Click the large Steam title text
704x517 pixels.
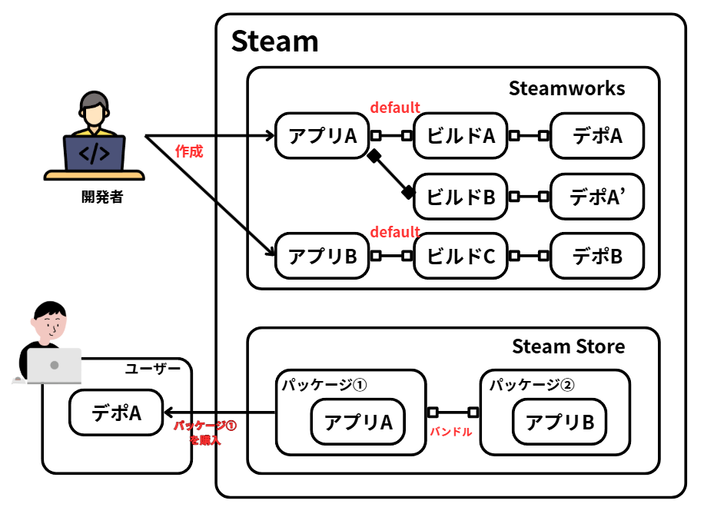274,41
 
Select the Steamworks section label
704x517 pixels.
566,88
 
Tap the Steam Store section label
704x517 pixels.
568,346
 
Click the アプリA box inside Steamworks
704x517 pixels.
321,136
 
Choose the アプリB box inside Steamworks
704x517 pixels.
321,256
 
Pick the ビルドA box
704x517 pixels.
460,136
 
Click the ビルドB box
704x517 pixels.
460,196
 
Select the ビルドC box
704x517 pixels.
460,256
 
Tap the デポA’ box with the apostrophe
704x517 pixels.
596,196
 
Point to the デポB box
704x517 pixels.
596,256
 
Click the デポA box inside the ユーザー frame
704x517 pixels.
116,413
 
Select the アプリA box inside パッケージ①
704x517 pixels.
358,422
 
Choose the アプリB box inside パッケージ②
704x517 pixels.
560,422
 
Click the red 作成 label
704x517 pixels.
189,151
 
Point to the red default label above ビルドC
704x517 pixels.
395,231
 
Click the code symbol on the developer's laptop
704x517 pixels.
94,154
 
